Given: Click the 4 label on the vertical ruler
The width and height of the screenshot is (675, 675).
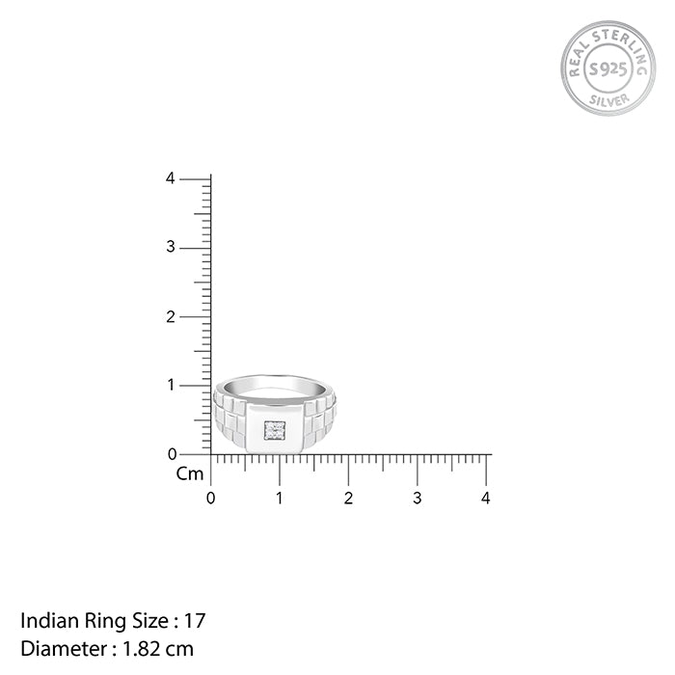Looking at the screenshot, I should (170, 178).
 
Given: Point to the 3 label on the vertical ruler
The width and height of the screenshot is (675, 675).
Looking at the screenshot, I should (170, 248).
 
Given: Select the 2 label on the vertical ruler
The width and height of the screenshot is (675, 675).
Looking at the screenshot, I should (170, 316).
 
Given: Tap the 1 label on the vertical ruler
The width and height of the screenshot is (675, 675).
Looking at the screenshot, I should (170, 386).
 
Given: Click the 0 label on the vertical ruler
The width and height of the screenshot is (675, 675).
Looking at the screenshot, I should (172, 454).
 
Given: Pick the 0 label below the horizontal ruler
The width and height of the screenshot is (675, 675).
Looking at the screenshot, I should (211, 499).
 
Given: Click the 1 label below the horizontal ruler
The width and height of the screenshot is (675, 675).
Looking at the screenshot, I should (280, 499).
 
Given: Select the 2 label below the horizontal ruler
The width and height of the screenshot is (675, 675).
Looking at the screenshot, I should (348, 499).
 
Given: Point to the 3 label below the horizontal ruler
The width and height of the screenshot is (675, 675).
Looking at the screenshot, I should (418, 499).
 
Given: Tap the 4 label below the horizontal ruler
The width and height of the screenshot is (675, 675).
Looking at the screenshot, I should (486, 499).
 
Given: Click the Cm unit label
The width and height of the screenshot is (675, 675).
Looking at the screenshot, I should (189, 474).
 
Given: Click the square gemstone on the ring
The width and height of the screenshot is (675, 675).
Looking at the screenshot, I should (275, 431).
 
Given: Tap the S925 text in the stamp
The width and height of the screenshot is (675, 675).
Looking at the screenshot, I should (607, 68).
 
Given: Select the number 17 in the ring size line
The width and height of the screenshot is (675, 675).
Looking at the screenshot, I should (197, 620).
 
